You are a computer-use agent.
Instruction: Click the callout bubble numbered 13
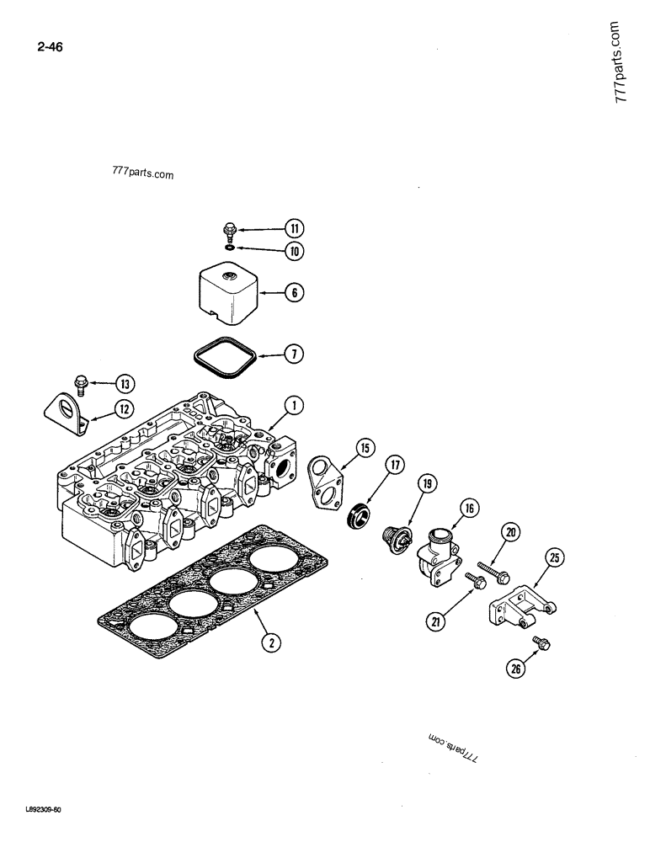125,385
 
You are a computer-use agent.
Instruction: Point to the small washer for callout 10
230,248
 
